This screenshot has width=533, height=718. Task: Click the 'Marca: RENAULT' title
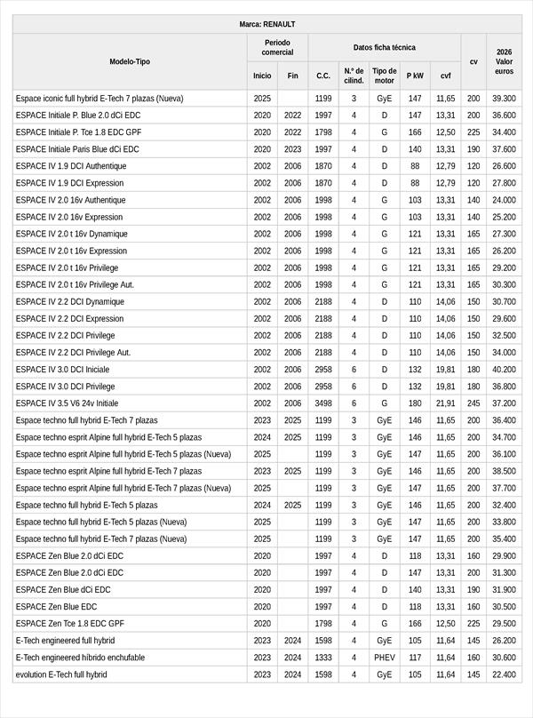click(266, 24)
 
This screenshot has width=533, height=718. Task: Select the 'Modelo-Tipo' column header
click(130, 61)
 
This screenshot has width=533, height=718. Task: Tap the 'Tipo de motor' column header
click(384, 76)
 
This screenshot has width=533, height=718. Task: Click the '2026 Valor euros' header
click(504, 61)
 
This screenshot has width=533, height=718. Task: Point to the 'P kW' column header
click(415, 76)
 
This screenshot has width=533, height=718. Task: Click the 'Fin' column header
click(292, 76)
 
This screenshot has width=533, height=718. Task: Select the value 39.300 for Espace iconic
click(504, 99)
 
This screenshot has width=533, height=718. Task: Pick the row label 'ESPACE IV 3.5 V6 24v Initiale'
click(67, 403)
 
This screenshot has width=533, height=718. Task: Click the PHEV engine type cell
click(384, 658)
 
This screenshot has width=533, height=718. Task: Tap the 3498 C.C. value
click(323, 403)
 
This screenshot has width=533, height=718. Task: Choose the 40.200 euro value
click(504, 370)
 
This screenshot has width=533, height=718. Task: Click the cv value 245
click(473, 403)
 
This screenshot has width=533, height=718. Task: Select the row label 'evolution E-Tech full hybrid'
click(61, 674)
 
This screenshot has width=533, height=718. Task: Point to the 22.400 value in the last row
click(504, 674)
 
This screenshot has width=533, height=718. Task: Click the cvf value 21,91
click(446, 403)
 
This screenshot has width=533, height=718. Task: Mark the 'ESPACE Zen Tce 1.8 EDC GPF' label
click(69, 624)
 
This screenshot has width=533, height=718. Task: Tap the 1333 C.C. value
click(323, 658)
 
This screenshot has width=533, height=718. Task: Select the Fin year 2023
click(292, 149)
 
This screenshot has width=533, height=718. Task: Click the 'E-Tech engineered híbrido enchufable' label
click(80, 658)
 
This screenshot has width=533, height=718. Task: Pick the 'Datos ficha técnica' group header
click(384, 47)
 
